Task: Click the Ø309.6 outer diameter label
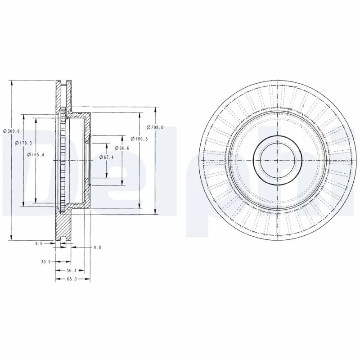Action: point(11,131)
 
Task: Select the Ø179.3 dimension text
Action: point(23,143)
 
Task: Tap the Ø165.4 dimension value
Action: point(36,154)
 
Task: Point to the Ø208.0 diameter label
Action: point(155,127)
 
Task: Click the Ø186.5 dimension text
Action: point(139,139)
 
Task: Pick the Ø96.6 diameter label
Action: point(122,148)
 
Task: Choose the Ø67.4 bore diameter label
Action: point(107,157)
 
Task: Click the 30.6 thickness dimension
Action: point(46,262)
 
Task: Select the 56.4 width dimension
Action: point(72,271)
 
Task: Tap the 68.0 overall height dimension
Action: point(72,279)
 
